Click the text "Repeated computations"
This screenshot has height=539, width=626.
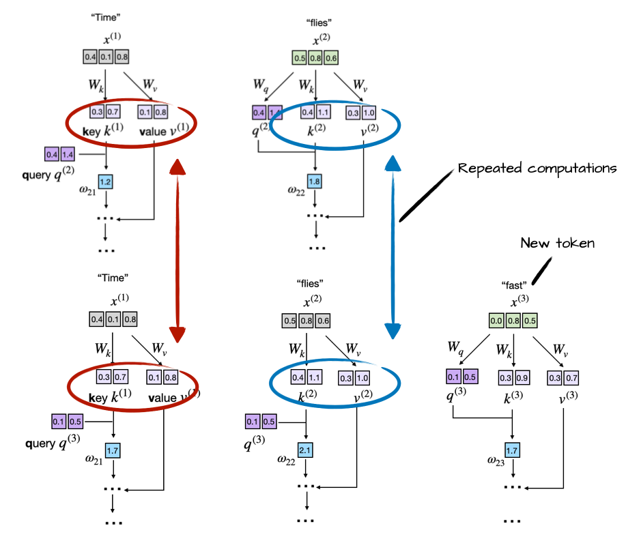[537, 169]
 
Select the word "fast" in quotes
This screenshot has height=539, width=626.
[514, 285]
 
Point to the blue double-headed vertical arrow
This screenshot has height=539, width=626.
[393, 246]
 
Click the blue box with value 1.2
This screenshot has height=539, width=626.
[106, 182]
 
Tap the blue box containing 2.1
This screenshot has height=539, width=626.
[305, 450]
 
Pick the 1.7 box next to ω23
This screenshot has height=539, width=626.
[513, 450]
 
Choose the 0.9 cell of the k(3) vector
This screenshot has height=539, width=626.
[521, 377]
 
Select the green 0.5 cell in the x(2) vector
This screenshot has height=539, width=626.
[298, 58]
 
